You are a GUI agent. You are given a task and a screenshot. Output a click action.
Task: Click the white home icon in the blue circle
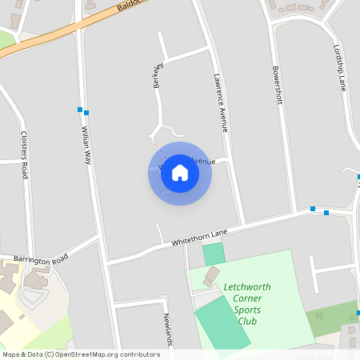(180, 173)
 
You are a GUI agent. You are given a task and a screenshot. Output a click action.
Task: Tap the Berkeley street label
(158, 74)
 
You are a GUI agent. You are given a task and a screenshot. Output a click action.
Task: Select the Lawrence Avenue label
(221, 102)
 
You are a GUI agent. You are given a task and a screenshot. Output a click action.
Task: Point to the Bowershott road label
(278, 86)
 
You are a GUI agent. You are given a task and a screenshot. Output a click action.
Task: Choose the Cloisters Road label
(24, 154)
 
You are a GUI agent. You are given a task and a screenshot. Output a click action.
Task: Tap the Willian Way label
(86, 145)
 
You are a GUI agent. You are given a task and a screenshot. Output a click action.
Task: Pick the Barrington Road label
(41, 260)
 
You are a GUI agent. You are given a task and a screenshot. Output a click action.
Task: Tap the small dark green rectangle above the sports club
(213, 254)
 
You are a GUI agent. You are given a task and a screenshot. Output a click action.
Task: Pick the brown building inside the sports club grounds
(211, 277)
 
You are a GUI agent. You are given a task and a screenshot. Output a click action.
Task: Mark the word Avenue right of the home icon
(202, 162)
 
